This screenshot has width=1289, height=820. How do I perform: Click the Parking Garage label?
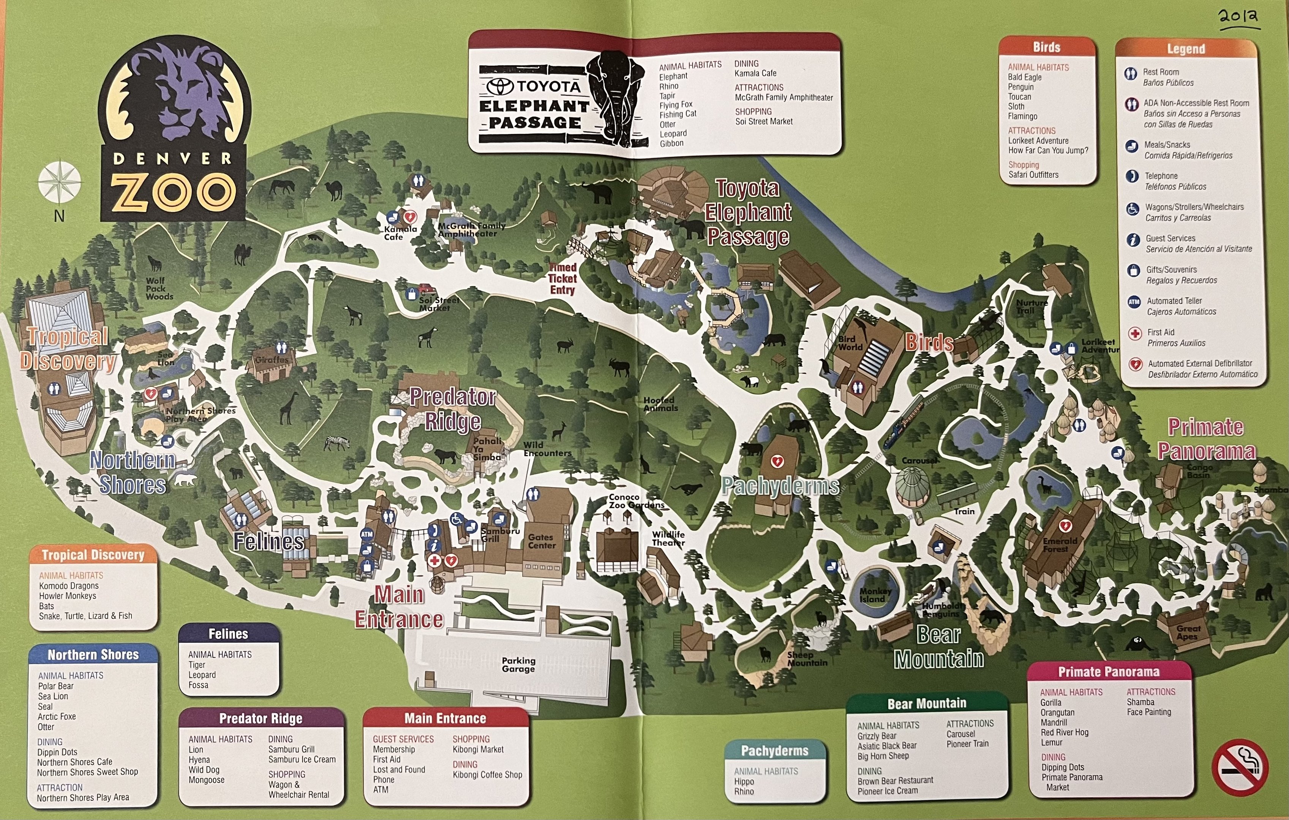point(518,665)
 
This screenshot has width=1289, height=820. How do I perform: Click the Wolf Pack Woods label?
point(159,289)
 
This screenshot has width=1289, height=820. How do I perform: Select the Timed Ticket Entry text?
point(562,278)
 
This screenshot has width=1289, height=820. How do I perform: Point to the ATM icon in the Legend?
point(1134,302)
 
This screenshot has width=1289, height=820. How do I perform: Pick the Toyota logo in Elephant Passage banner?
point(500,86)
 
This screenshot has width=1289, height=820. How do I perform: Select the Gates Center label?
point(542,541)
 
